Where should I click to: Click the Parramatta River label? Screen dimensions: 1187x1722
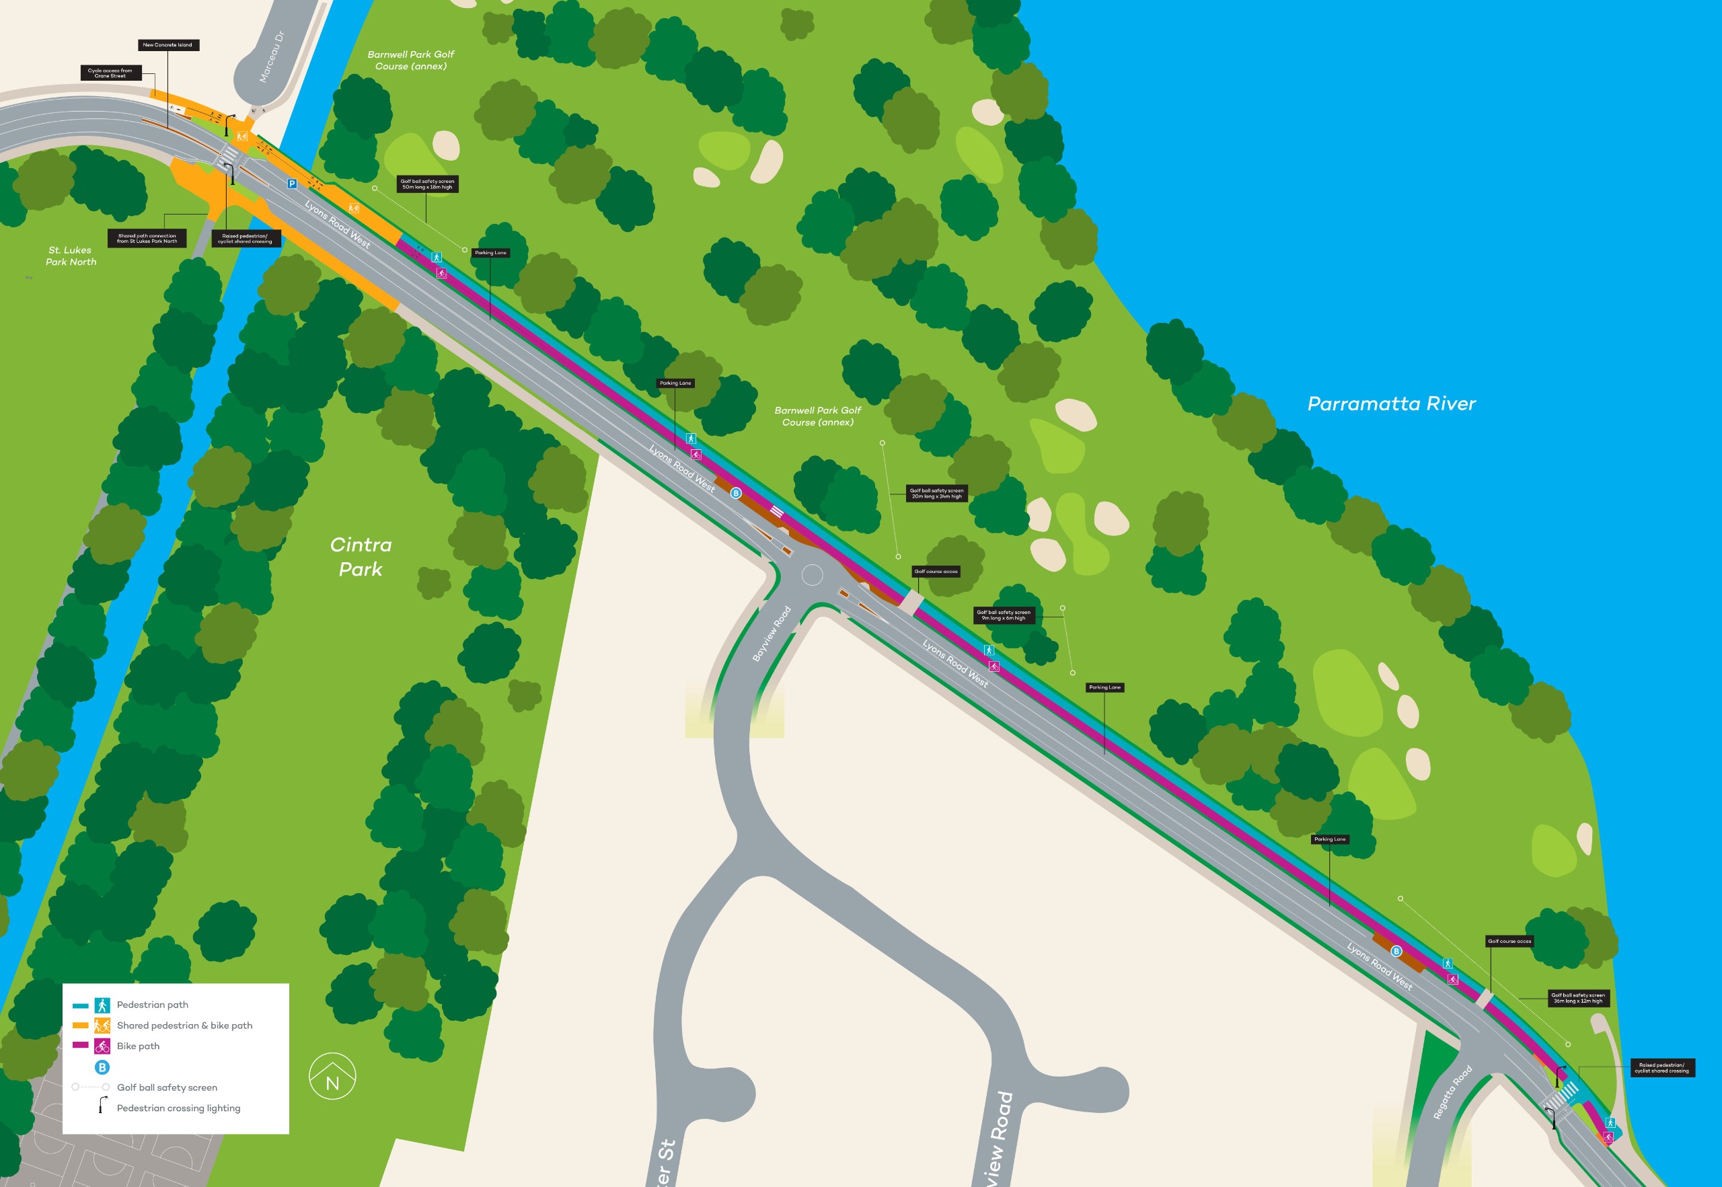coord(1391,404)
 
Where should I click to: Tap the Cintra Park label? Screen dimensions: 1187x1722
coord(361,556)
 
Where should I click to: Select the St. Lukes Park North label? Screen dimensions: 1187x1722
coord(71,256)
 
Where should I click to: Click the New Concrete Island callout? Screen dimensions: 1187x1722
coord(167,45)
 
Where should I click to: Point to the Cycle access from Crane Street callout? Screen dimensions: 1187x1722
coord(110,73)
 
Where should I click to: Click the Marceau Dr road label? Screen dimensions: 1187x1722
coord(271,56)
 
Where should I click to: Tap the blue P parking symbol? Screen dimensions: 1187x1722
coord(293,184)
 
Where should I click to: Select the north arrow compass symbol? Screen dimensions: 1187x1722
coord(332,1076)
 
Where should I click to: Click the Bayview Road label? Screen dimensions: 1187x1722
coord(772,634)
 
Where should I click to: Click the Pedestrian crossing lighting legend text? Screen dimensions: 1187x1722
coord(178,1108)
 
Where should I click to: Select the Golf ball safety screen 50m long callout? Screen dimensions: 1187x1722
coord(427,184)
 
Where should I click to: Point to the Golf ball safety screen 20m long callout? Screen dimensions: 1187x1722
coord(936,493)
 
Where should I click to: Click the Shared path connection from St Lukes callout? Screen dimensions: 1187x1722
coord(147,239)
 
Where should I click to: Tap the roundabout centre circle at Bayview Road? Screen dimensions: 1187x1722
coord(813,575)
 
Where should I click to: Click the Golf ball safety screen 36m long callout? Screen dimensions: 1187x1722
coord(1577,998)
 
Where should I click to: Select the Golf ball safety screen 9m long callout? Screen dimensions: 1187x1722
coord(1004,615)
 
